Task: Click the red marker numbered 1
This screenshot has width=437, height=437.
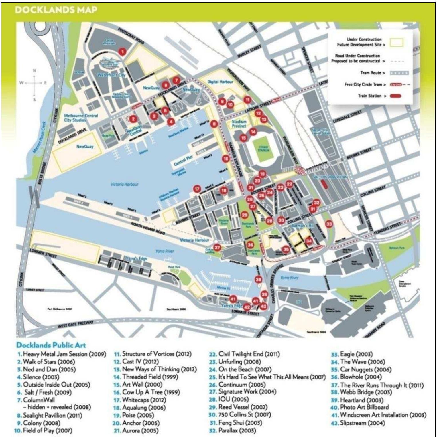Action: point(122,52)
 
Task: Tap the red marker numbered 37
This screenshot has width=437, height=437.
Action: point(217,248)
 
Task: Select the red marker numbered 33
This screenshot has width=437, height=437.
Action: point(329,224)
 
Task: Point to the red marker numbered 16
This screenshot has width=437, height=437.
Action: point(226,159)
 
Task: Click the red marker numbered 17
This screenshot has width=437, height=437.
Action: point(197,189)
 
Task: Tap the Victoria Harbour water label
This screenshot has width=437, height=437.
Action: point(124,184)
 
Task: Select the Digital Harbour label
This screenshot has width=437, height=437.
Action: point(220,82)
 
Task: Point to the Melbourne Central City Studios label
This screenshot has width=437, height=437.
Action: point(80,118)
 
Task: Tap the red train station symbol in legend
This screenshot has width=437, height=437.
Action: point(395,96)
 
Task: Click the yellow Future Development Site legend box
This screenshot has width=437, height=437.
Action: point(396,43)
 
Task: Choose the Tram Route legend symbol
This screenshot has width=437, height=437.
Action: point(399,73)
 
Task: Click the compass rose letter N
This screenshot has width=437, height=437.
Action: point(34,70)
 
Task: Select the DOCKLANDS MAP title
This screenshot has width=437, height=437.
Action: point(56,10)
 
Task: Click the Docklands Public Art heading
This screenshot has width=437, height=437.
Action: point(51,345)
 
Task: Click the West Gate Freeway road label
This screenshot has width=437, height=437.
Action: point(76,324)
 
